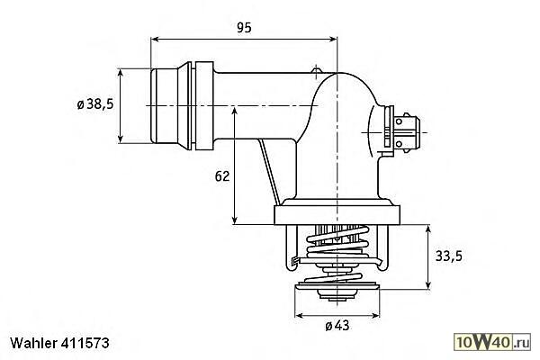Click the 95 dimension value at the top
244,28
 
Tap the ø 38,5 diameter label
95,103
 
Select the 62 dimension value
221,176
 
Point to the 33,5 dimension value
449,256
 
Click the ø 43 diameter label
337,326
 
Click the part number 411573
85,343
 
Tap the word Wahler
34,343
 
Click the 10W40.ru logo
492,342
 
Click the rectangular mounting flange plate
337,215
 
